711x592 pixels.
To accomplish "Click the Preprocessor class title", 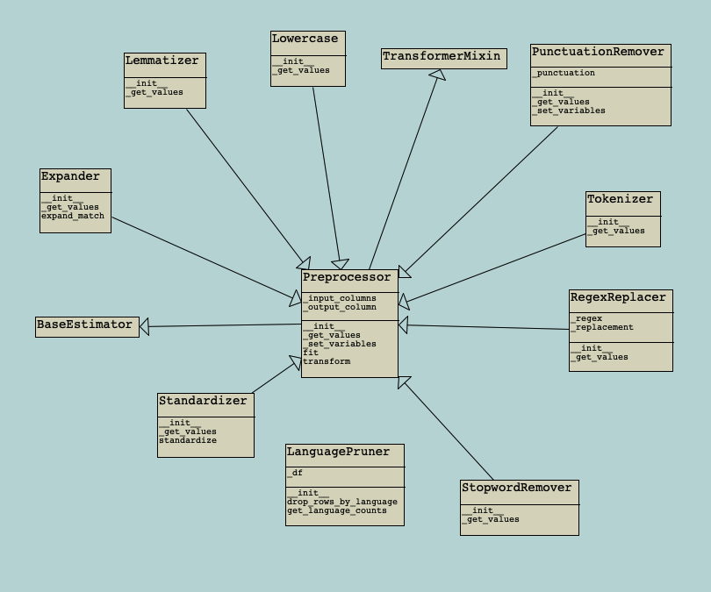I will [347, 278].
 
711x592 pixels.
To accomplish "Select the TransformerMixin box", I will [443, 58].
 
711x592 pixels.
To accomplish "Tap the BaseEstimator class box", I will [86, 326].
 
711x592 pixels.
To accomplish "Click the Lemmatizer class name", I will [162, 61].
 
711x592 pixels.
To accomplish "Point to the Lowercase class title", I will [305, 39].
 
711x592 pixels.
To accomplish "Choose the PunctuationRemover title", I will [599, 53].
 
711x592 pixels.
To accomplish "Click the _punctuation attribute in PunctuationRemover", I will [564, 74].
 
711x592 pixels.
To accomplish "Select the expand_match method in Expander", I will [73, 217].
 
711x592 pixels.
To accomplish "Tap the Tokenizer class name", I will [621, 200].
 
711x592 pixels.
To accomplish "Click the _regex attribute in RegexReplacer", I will [587, 319].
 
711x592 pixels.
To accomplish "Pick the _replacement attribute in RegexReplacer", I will [602, 328].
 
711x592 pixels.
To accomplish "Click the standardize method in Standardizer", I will [188, 440].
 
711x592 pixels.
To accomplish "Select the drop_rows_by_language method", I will [342, 502].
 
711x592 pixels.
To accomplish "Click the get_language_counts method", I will [337, 510].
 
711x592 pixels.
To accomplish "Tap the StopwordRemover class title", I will [516, 489].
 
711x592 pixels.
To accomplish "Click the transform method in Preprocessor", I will [327, 361].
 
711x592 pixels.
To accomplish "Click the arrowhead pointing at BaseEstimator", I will [145, 327].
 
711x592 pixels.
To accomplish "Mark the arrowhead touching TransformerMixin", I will [437, 75].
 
